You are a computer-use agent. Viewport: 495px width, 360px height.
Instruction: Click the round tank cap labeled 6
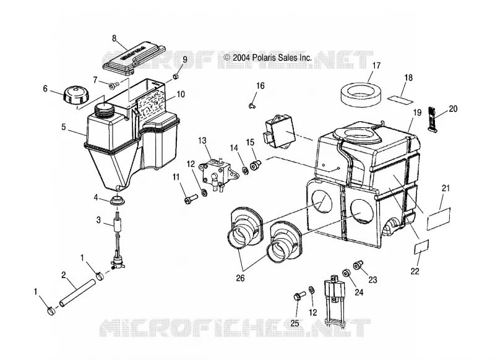(x=76, y=93)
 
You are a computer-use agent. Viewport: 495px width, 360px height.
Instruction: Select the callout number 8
(x=114, y=39)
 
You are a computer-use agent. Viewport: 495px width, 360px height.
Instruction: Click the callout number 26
(x=240, y=278)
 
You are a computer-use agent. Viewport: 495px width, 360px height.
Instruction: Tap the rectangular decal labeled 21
(x=439, y=219)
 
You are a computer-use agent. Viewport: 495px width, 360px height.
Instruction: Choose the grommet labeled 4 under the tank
(x=118, y=200)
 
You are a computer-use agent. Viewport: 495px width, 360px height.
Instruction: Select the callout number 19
(x=418, y=113)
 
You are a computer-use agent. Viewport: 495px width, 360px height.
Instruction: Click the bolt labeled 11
(x=191, y=199)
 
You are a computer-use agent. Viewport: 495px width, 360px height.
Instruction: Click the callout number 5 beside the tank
(x=64, y=127)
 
